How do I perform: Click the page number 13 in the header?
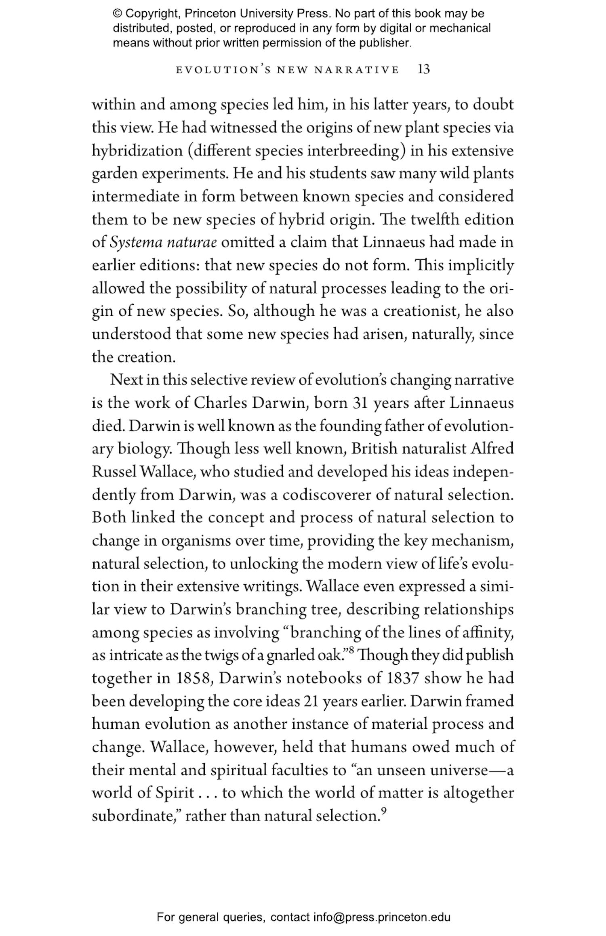[x=423, y=69]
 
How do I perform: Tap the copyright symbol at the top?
[x=117, y=14]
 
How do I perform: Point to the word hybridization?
[x=137, y=151]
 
